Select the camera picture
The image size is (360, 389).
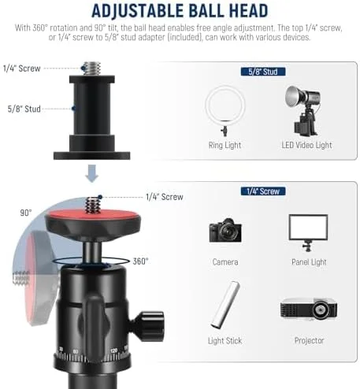click(x=225, y=230)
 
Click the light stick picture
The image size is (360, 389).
click(x=225, y=305)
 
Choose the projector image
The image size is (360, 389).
click(x=309, y=309)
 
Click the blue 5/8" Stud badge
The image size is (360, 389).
click(x=263, y=72)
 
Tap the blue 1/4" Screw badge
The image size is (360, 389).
click(x=263, y=191)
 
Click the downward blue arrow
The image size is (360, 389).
click(x=91, y=173)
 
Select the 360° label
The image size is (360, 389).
click(x=140, y=261)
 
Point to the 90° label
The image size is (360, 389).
click(x=26, y=213)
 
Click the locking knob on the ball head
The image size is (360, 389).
click(x=148, y=326)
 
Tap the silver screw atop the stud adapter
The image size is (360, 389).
click(x=92, y=69)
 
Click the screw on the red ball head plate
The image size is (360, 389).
click(x=92, y=205)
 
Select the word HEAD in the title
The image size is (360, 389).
click(x=249, y=11)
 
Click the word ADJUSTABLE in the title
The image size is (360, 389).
click(x=137, y=11)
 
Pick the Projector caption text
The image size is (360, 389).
click(x=310, y=340)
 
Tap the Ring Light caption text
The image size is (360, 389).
click(x=225, y=145)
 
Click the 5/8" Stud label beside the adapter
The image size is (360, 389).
click(x=24, y=109)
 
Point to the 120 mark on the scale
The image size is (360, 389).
click(x=114, y=350)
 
